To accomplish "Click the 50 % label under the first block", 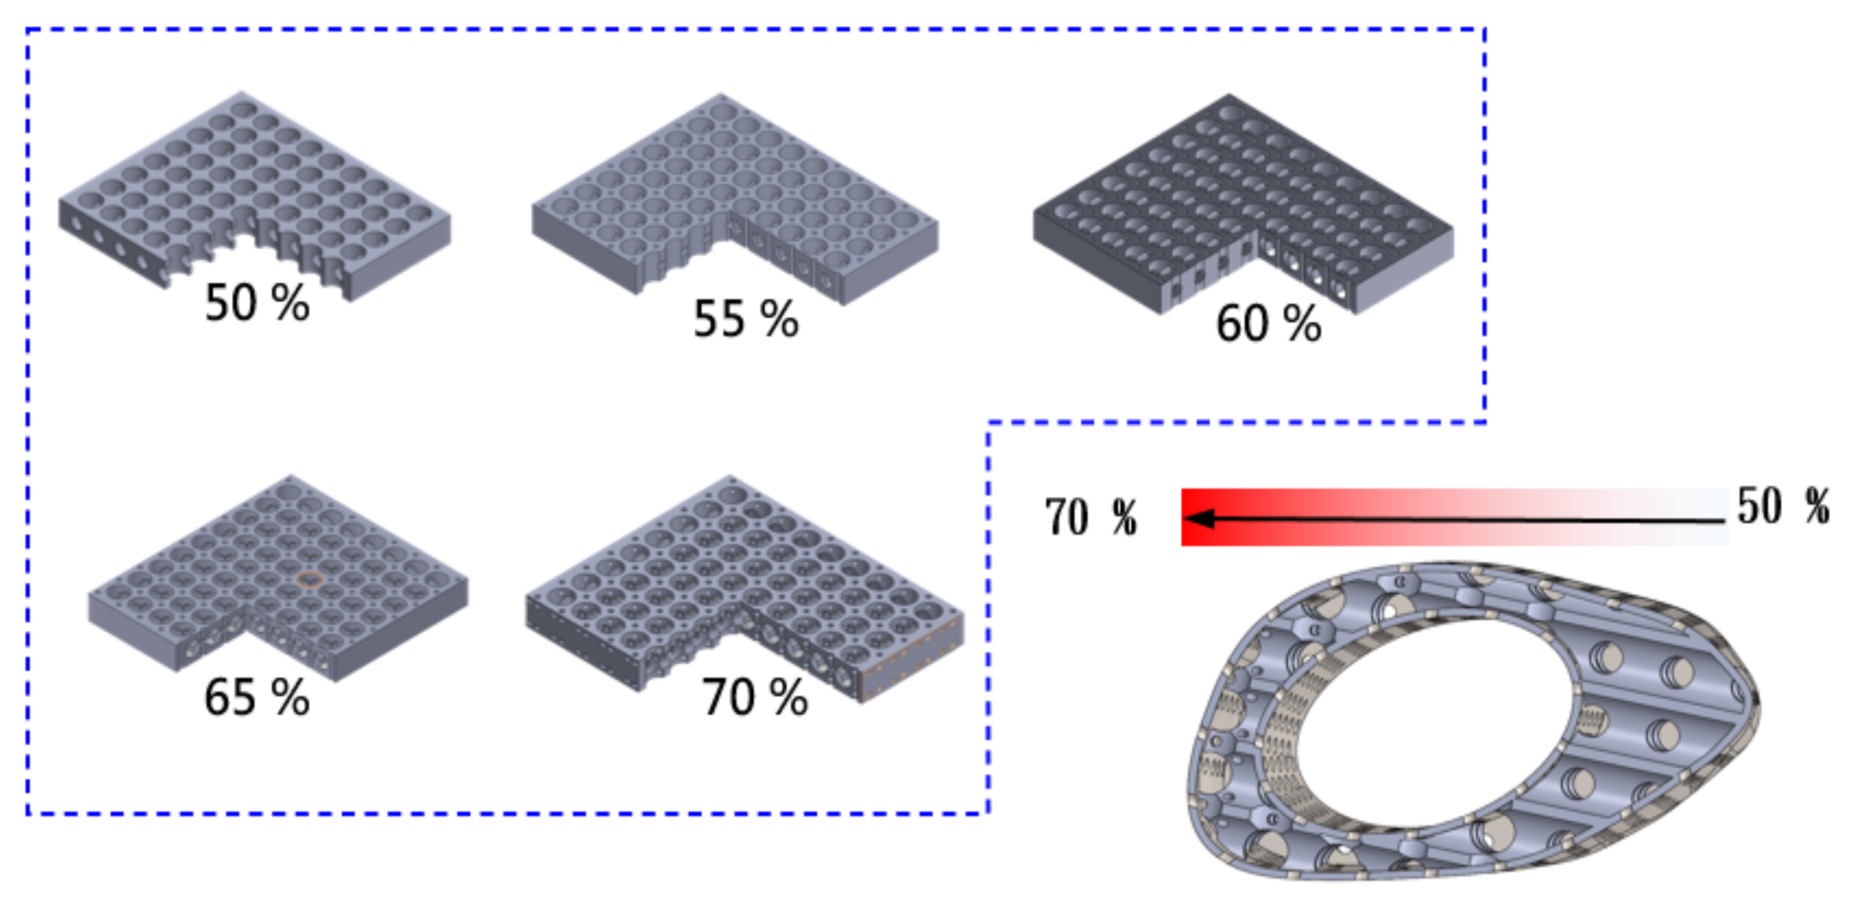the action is [257, 303].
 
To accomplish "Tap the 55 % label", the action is [746, 318].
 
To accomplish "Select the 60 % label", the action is [1269, 324].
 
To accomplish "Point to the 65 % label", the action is [257, 696].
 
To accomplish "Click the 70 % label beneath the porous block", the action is [755, 696].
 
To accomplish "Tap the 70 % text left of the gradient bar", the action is [1091, 517].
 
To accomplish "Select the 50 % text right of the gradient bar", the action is [1783, 505].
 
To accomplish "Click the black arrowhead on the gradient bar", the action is [1198, 518].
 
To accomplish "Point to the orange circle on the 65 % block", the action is [309, 579].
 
